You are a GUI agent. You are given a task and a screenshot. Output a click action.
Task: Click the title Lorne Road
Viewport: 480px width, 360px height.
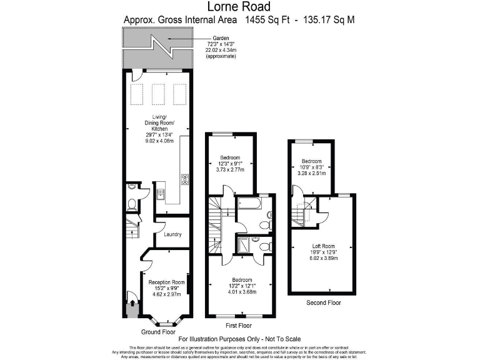click(239, 7)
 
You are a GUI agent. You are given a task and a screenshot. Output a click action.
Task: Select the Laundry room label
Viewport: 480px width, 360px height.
click(172, 234)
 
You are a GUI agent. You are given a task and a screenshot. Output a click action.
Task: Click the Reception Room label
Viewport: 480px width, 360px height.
click(167, 282)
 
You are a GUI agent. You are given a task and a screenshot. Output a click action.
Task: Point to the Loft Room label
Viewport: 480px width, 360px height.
click(324, 246)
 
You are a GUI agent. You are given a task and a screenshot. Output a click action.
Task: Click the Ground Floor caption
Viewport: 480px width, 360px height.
click(158, 332)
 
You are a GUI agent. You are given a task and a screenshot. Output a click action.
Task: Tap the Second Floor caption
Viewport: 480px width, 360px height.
click(323, 302)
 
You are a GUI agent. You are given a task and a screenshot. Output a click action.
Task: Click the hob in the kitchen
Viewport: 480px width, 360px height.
click(185, 180)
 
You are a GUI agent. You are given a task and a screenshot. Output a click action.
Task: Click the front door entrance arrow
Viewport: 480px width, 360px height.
click(132, 304)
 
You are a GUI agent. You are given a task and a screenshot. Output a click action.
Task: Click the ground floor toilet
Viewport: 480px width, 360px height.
click(131, 204)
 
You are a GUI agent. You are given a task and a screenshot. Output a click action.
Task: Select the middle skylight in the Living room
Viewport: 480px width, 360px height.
click(157, 94)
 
